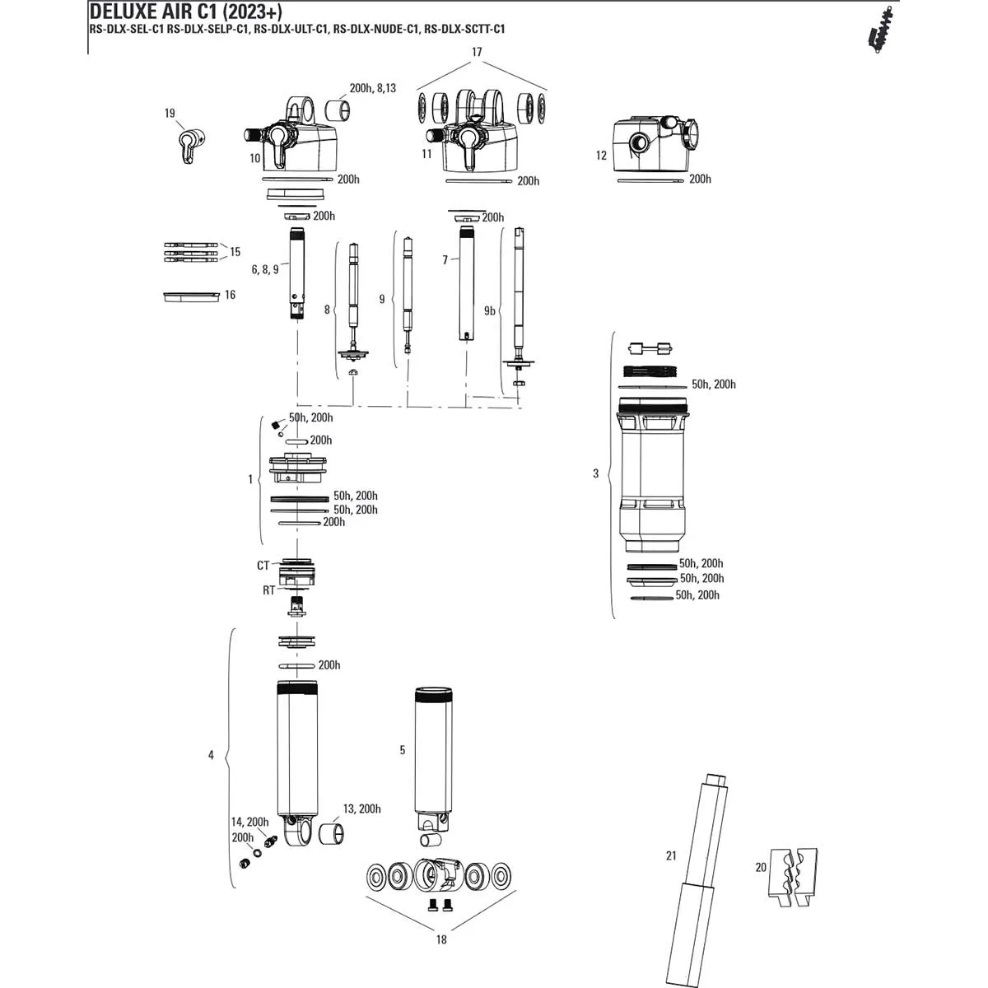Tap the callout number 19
tap(170, 114)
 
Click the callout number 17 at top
tap(477, 52)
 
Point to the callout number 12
tap(601, 156)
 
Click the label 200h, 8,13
tap(372, 88)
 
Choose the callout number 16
tap(230, 295)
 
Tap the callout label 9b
tap(489, 310)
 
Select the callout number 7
tap(445, 260)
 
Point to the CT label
tap(263, 566)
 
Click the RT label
tap(268, 590)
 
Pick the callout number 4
tap(211, 755)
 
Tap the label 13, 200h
tap(361, 809)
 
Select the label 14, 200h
tap(249, 822)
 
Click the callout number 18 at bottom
tap(441, 939)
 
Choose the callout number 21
tap(671, 856)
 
